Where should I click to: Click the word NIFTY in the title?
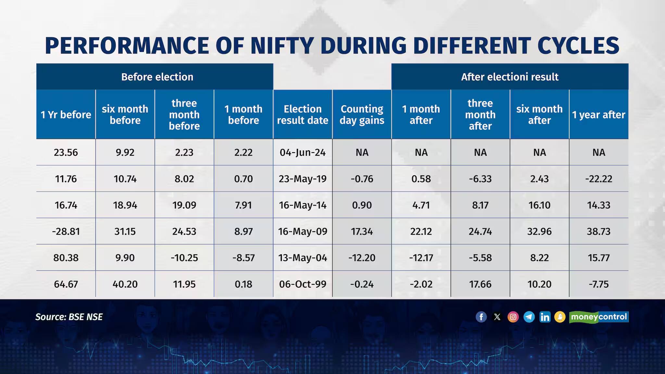tap(282, 45)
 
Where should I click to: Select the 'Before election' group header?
tap(157, 77)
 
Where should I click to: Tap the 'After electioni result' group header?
tap(509, 77)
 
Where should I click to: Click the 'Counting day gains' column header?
tap(362, 115)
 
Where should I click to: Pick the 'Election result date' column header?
tap(302, 115)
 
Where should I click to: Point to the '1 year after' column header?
tap(598, 115)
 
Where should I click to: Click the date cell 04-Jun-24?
tap(302, 152)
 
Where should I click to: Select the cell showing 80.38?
tap(66, 258)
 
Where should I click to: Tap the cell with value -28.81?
tap(66, 231)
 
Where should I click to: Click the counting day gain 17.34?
tap(362, 231)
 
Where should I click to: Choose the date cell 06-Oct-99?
tap(302, 284)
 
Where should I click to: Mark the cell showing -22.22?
tap(598, 179)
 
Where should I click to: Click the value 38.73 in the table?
tap(598, 231)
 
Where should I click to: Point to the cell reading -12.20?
tap(362, 258)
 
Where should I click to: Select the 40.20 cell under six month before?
tap(125, 284)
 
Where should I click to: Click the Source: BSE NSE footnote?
tap(69, 317)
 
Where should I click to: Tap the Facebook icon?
tap(481, 317)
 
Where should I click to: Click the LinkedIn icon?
tap(545, 317)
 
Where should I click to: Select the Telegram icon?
tap(529, 317)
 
